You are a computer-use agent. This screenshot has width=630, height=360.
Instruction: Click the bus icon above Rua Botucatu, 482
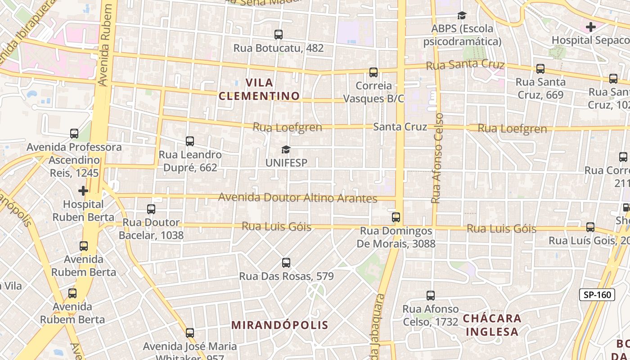[x=279, y=35]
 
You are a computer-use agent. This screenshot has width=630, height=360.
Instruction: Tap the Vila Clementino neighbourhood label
[x=259, y=89]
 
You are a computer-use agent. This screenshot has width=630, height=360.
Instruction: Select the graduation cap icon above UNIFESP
[x=286, y=149]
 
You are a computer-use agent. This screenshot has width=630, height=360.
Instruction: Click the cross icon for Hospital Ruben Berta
[x=83, y=191]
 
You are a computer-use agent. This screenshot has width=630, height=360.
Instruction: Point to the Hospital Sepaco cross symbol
[x=591, y=27]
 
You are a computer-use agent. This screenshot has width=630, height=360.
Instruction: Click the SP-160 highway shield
[x=597, y=295]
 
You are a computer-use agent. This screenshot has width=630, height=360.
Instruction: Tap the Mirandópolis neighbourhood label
[x=280, y=325]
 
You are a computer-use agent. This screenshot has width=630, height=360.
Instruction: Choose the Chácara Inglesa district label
[x=492, y=325]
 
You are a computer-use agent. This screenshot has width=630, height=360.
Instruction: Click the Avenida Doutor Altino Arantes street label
[x=297, y=198]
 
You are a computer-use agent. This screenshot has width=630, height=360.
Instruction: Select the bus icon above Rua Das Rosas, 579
[x=286, y=263]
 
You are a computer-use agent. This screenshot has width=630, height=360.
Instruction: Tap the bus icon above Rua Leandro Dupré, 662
[x=190, y=141]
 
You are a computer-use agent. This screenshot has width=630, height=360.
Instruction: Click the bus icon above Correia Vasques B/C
[x=373, y=72]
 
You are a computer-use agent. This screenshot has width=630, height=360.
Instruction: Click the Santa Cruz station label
[x=400, y=127]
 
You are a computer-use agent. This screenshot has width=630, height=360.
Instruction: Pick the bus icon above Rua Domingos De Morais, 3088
[x=396, y=217]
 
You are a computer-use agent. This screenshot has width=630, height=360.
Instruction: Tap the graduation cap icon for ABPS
[x=462, y=16]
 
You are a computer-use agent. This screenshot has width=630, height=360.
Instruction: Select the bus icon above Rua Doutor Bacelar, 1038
[x=151, y=209]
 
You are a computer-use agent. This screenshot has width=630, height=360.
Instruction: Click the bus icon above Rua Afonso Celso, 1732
[x=431, y=296]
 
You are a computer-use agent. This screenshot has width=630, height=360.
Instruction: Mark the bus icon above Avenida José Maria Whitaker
[x=190, y=333]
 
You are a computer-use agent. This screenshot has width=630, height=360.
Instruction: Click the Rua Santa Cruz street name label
[x=465, y=65]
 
